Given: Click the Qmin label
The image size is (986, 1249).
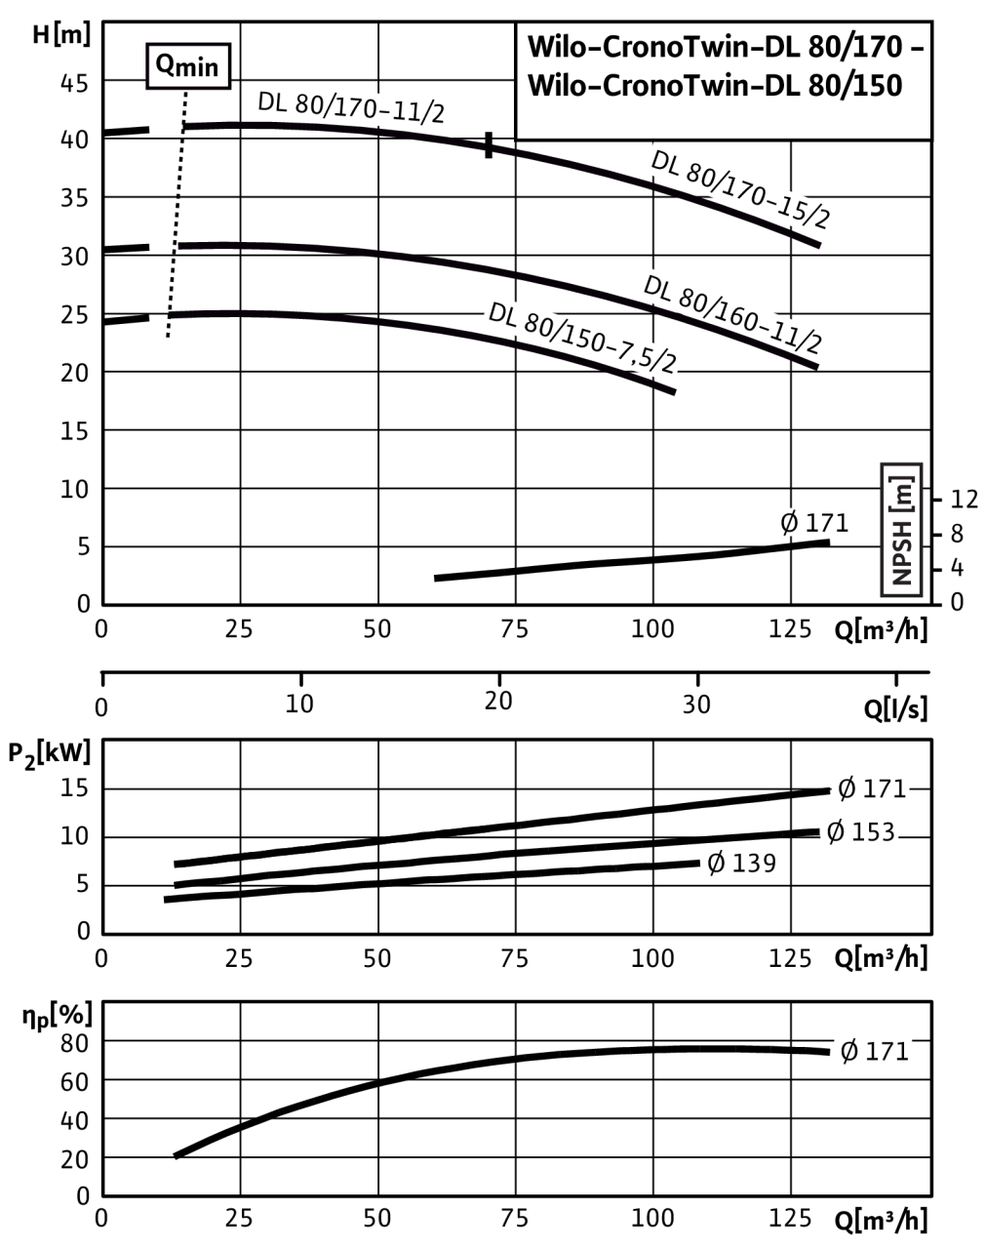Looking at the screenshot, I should coord(188,67).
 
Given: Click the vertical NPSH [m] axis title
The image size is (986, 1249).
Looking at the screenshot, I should coord(902,528).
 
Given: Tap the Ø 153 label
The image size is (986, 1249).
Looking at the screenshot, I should coord(859,831).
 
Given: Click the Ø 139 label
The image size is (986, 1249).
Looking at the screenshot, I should coord(740,864).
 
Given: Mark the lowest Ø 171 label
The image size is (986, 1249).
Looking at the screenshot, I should coord(874,1051).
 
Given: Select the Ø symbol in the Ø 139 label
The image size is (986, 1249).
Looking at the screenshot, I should coord(717,864).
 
